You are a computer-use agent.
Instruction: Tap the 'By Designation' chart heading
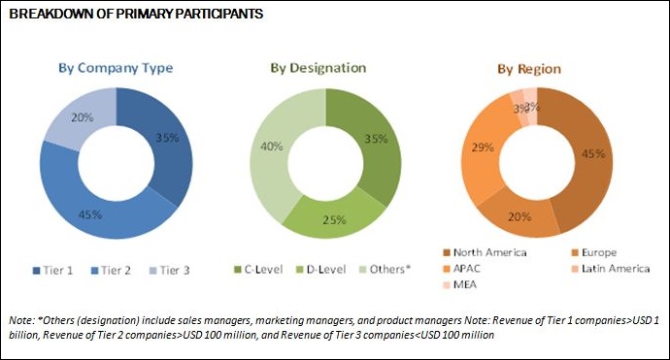318,68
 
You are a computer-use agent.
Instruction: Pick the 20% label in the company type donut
82,118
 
